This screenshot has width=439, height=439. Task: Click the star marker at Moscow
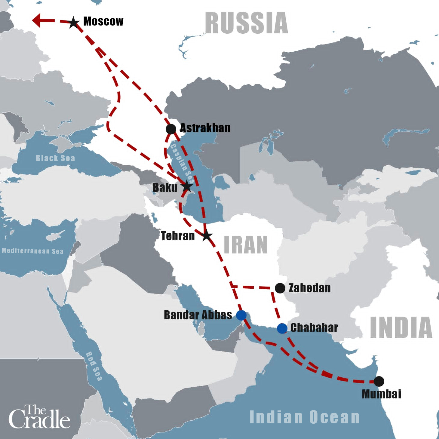74,23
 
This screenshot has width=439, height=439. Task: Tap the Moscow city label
103,21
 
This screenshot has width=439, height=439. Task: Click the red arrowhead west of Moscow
37,20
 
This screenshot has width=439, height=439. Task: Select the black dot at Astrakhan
171,129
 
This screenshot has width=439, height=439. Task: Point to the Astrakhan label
205,128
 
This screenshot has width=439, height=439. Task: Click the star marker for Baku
187,186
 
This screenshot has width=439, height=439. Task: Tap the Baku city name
165,188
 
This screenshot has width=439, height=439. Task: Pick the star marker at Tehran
206,235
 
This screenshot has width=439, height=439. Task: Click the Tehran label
178,236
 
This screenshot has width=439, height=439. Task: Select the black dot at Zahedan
280,288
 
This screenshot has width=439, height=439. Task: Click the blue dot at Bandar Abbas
241,315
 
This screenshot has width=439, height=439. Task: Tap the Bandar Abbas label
198,315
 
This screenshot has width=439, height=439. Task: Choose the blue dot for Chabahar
282,328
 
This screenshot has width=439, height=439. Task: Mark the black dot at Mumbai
379,381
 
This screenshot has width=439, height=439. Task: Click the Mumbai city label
381,394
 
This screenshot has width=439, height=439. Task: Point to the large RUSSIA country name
246,23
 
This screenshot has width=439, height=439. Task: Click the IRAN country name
246,245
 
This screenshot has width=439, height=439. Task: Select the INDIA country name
401,327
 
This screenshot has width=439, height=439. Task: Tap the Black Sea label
55,158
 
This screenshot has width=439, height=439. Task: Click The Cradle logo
39,417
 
